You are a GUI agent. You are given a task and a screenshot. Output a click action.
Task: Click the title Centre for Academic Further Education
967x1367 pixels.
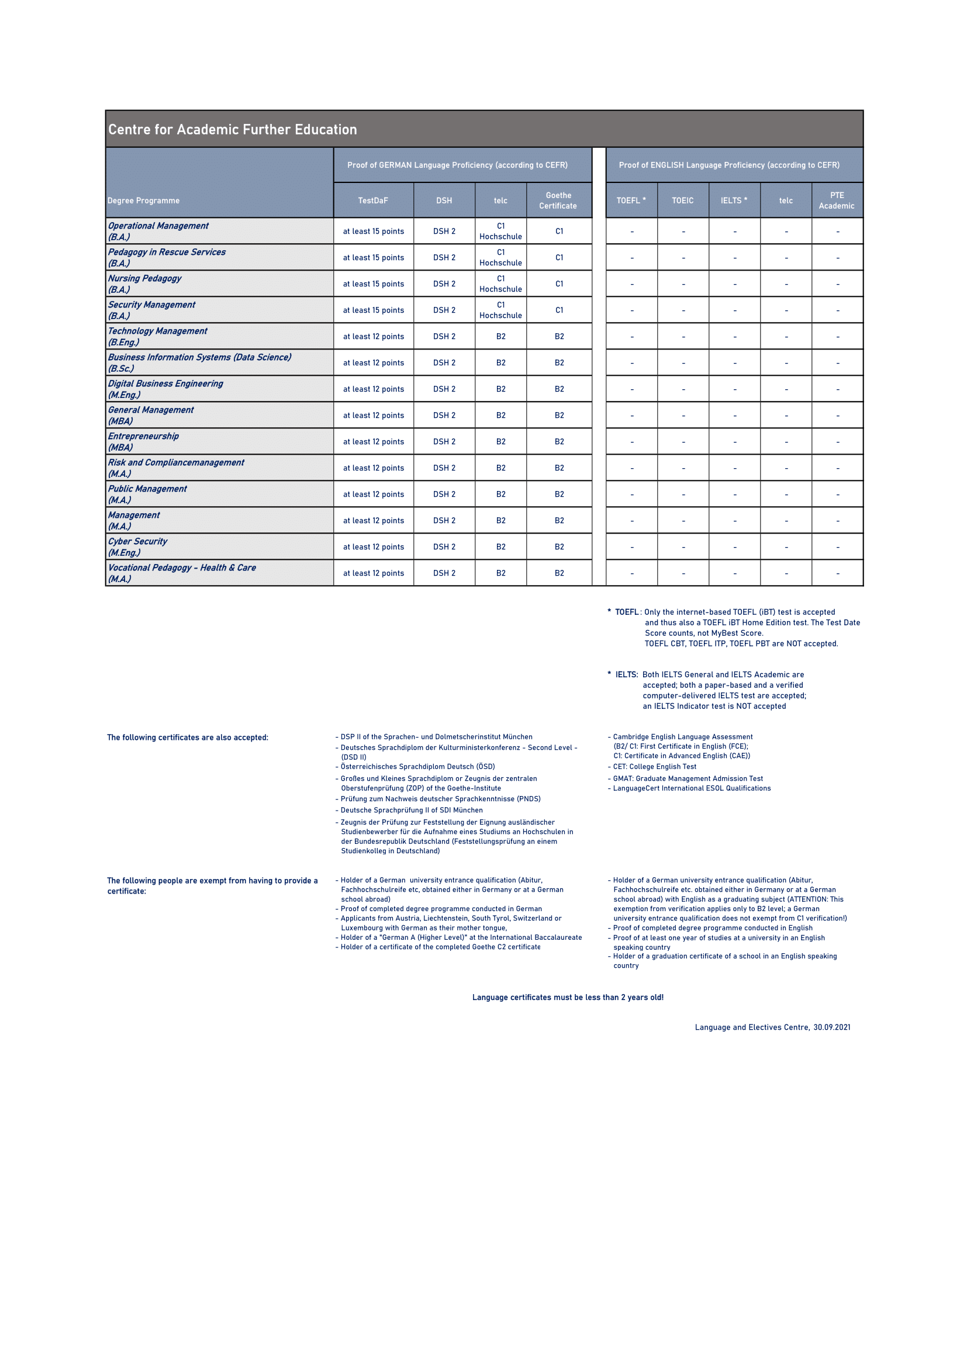pyautogui.click(x=232, y=130)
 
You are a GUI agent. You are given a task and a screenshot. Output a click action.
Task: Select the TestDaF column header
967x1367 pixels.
pyautogui.click(x=373, y=200)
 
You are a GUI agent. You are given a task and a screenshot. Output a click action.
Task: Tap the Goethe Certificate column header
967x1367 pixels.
pyautogui.click(x=558, y=200)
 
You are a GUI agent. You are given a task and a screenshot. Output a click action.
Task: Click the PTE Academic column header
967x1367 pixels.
pyautogui.click(x=837, y=200)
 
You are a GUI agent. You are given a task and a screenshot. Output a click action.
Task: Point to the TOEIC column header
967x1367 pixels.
pyautogui.click(x=682, y=200)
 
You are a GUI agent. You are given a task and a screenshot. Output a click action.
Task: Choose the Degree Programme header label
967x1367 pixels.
pyautogui.click(x=143, y=200)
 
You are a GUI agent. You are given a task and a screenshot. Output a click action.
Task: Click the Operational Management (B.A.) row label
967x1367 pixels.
pyautogui.click(x=158, y=231)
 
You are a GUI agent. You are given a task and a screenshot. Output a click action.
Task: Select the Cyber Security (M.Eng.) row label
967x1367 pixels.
pyautogui.click(x=137, y=546)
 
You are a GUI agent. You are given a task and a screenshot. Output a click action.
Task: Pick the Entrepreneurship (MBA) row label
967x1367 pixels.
pyautogui.click(x=143, y=442)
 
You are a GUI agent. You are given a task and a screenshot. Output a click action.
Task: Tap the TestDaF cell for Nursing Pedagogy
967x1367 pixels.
pyautogui.click(x=374, y=284)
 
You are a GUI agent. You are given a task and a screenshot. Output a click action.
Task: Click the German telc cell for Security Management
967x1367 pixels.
pyautogui.click(x=501, y=310)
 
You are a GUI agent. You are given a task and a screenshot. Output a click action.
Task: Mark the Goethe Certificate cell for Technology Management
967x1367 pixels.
pyautogui.click(x=559, y=337)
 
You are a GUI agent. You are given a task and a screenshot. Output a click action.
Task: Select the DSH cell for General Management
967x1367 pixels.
pyautogui.click(x=444, y=416)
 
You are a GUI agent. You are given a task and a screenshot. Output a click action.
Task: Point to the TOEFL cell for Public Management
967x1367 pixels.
pyautogui.click(x=632, y=495)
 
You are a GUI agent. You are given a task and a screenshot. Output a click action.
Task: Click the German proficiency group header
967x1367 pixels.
pyautogui.click(x=457, y=165)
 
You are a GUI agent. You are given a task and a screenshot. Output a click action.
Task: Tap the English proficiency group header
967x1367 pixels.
pyautogui.click(x=729, y=165)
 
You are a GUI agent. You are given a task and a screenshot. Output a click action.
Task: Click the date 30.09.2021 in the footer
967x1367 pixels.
pyautogui.click(x=832, y=1027)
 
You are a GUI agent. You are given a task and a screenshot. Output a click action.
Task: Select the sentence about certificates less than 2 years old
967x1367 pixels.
pyautogui.click(x=568, y=997)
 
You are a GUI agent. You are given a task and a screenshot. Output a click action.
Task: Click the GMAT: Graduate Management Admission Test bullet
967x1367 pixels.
pyautogui.click(x=688, y=778)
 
